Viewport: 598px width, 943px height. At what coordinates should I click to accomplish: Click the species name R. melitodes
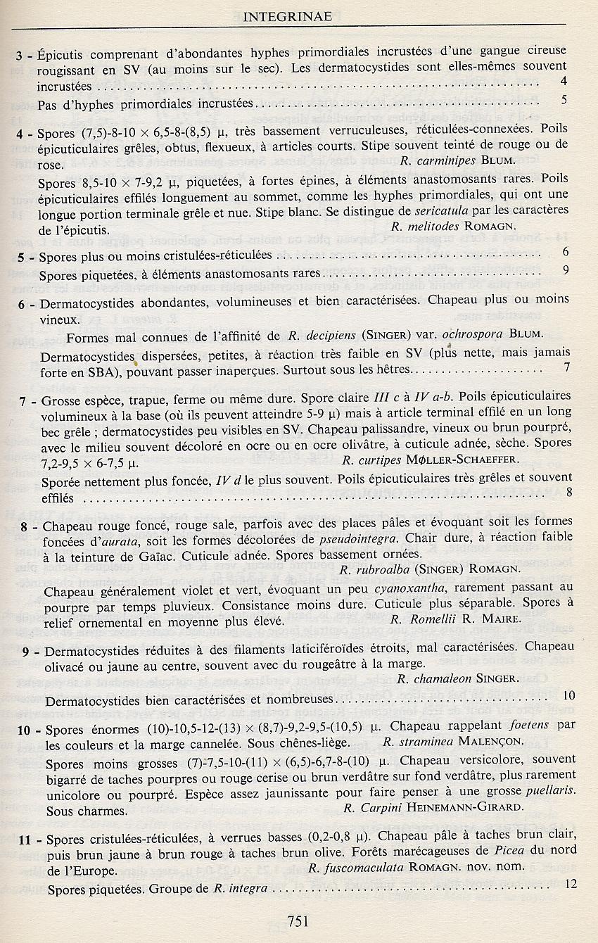pos(443,227)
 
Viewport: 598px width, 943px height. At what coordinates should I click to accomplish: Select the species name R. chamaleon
pos(433,679)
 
